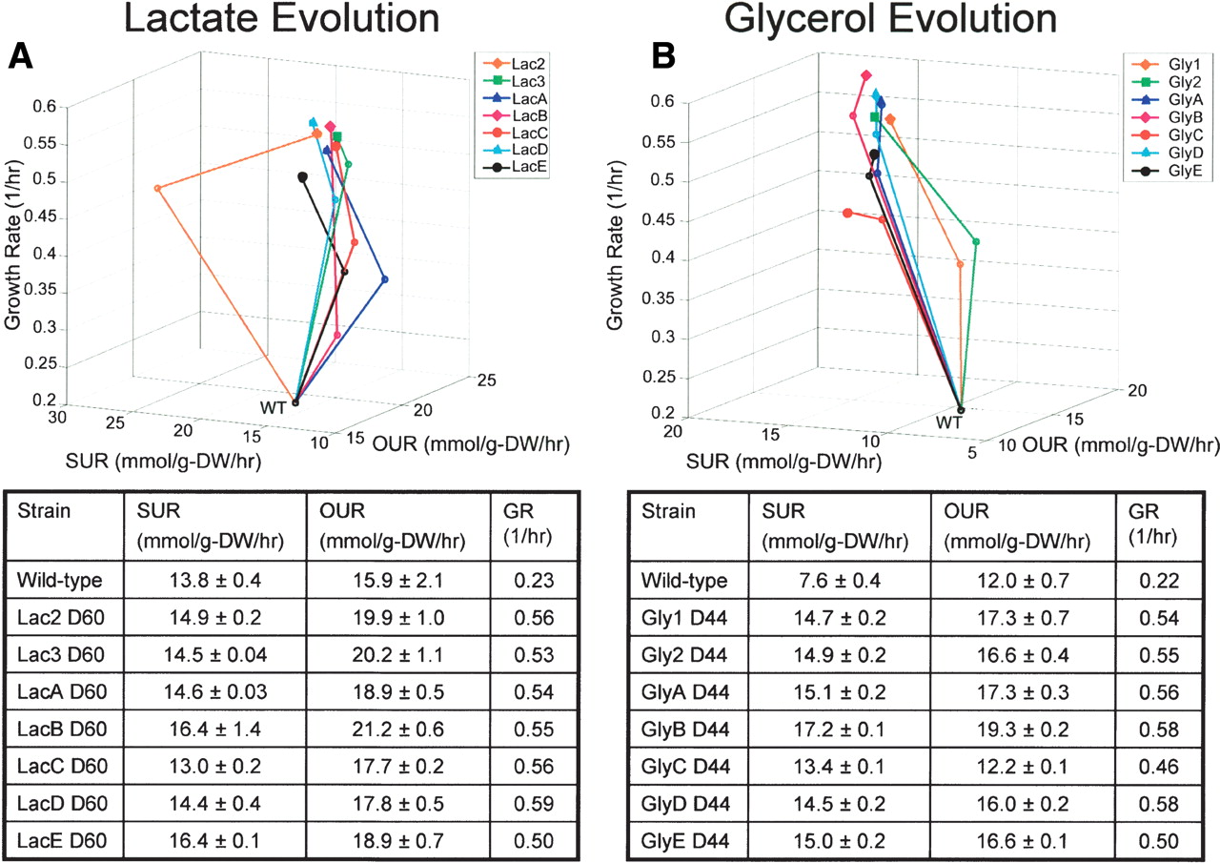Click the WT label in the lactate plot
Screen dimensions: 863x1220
coord(273,406)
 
